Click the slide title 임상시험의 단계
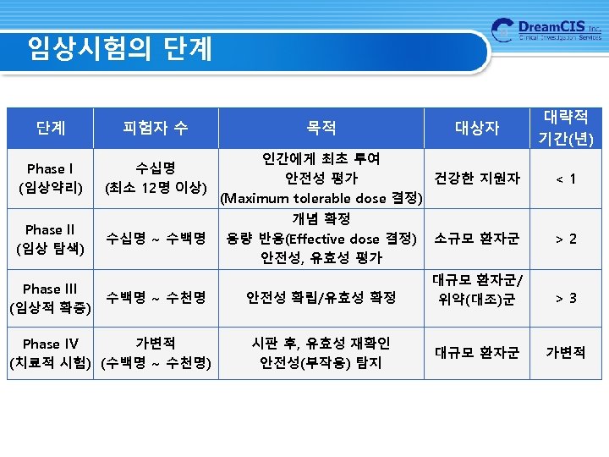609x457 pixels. pyautogui.click(x=119, y=48)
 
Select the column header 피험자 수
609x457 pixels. pyautogui.click(x=156, y=128)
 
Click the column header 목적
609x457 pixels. pyautogui.click(x=321, y=128)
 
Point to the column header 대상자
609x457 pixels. pyautogui.click(x=477, y=128)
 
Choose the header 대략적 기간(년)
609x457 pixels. pyautogui.click(x=568, y=127)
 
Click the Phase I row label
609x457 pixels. pyautogui.click(x=50, y=179)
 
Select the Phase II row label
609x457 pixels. pyautogui.click(x=50, y=239)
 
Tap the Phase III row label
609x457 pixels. pyautogui.click(x=50, y=298)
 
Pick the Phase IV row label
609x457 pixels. pyautogui.click(x=50, y=353)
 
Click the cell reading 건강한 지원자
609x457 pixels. pyautogui.click(x=477, y=179)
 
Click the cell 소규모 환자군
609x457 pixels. pyautogui.click(x=477, y=239)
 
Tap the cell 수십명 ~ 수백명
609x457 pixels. pyautogui.click(x=156, y=239)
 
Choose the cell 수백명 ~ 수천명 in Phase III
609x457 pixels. pyautogui.click(x=156, y=298)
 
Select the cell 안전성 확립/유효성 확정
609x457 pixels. pyautogui.click(x=321, y=298)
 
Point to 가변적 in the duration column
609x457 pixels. pyautogui.click(x=567, y=353)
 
